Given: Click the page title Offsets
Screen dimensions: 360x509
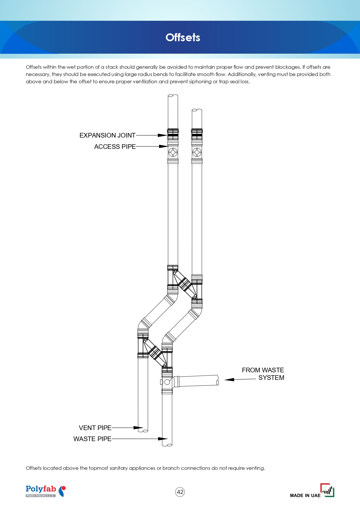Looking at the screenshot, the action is (x=183, y=37).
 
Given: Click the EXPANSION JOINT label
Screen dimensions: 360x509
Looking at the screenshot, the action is (x=107, y=135).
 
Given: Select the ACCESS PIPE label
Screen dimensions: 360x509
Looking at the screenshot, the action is (x=115, y=147).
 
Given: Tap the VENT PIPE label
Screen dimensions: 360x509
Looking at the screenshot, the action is (x=95, y=428).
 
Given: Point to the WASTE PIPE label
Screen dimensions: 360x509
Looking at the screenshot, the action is (x=92, y=439).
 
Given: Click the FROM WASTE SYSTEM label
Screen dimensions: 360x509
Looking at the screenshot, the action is (x=263, y=374).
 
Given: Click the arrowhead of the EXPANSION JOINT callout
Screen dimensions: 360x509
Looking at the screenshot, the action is (x=163, y=135).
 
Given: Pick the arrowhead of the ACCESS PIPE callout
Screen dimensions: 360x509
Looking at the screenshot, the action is (x=163, y=147).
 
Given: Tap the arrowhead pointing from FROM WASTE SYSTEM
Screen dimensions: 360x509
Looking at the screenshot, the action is (x=229, y=379).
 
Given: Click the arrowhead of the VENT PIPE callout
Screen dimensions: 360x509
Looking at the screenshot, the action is (x=138, y=428).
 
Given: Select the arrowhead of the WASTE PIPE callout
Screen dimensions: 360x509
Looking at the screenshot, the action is (x=163, y=439).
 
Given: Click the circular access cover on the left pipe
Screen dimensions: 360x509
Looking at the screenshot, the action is (x=173, y=152).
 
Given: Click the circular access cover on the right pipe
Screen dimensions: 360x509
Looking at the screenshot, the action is (x=197, y=152).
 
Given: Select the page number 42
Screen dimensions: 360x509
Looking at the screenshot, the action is (x=180, y=492).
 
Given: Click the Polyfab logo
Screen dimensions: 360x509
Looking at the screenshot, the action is (x=46, y=491).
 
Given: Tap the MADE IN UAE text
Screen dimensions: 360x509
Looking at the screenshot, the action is (x=305, y=495).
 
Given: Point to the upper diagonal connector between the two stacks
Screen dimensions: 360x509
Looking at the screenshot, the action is (x=185, y=284).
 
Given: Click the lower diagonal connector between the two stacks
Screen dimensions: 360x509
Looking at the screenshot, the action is (x=155, y=353).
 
